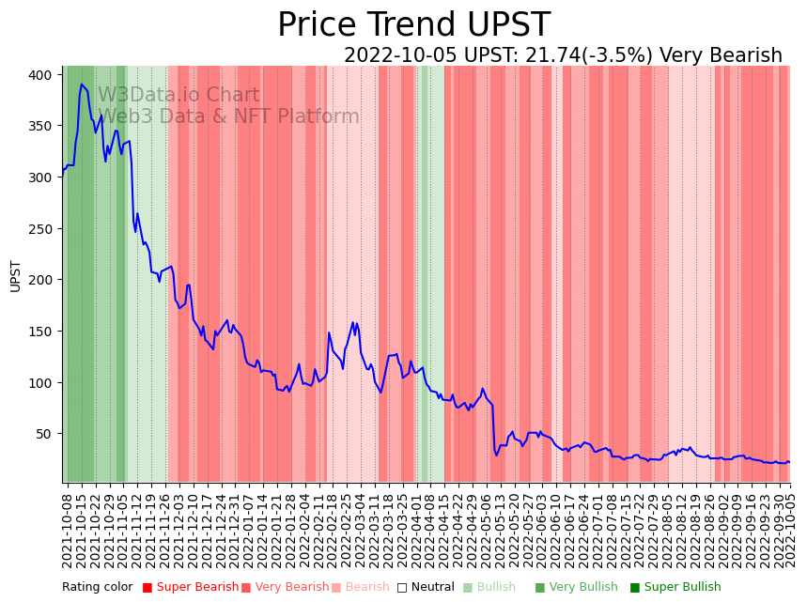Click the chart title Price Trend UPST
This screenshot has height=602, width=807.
[413, 25]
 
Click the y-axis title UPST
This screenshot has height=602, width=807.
[15, 275]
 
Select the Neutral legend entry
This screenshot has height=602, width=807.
[426, 587]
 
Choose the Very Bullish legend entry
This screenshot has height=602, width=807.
[577, 587]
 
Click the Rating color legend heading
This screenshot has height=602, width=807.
[98, 587]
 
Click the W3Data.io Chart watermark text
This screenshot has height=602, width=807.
[178, 95]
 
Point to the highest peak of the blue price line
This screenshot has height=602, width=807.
[82, 85]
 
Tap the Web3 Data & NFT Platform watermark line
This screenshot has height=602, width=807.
[228, 116]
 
